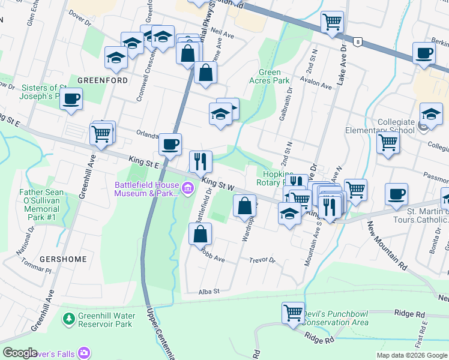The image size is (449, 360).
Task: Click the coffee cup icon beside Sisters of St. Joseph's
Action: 71,99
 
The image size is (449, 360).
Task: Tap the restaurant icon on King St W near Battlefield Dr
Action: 200,161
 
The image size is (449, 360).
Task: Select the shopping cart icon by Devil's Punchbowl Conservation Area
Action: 293,313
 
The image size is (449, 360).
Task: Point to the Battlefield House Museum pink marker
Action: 188,190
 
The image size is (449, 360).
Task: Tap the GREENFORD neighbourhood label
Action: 102,80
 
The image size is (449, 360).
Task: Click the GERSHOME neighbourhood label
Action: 63,259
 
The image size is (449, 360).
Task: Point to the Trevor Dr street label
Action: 262,260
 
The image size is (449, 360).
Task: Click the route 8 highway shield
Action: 358,41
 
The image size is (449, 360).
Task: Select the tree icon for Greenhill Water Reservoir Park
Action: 70,317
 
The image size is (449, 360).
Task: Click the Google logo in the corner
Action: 20,353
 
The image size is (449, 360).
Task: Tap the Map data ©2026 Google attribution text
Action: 411,355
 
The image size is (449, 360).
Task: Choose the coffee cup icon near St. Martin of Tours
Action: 396,194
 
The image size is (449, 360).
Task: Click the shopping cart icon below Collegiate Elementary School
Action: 388,144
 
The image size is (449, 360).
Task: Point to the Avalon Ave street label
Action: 316,86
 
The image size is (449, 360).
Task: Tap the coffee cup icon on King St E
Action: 170,145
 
